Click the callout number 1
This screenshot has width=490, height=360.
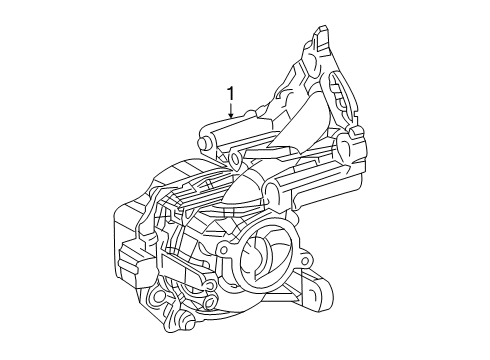(231, 94)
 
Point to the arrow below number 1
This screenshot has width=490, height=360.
(231, 113)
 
